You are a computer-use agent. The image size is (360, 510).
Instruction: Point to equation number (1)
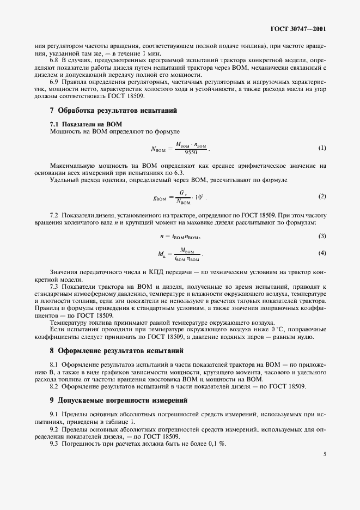point(322,148)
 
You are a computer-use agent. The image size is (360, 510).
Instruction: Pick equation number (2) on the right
point(322,196)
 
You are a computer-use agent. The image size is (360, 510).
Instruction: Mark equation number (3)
point(322,236)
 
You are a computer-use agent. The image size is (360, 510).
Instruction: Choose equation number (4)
point(322,253)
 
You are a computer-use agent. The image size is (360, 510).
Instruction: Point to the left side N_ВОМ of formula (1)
point(157,149)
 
